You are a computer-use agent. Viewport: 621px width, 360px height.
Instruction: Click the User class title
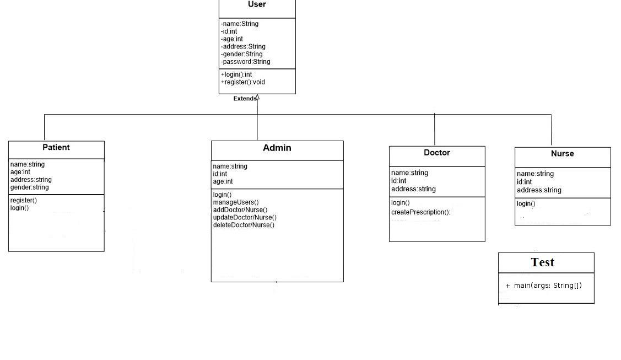click(257, 4)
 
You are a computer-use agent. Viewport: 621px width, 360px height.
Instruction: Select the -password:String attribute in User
click(246, 62)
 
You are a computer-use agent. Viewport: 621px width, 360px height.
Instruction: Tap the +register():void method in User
click(243, 82)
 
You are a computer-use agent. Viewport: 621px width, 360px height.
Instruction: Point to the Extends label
click(244, 99)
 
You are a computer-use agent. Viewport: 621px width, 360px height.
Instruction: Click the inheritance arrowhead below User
click(257, 97)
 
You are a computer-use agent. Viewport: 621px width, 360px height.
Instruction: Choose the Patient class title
click(56, 147)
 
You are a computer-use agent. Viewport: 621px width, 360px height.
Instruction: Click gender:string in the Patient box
click(30, 187)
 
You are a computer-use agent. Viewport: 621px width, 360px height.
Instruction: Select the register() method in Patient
click(23, 200)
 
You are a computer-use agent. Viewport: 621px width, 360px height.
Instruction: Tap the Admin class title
click(277, 148)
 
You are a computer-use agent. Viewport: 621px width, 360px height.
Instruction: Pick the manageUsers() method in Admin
click(236, 202)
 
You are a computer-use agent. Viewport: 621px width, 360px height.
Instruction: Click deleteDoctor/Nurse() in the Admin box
click(244, 225)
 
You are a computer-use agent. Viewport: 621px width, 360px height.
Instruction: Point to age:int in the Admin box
click(223, 181)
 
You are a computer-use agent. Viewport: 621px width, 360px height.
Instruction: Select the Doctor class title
click(437, 153)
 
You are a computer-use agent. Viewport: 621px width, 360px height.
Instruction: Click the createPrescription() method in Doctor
click(420, 212)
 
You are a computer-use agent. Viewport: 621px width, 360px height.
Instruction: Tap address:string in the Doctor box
click(413, 189)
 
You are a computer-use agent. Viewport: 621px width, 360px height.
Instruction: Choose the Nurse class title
click(562, 154)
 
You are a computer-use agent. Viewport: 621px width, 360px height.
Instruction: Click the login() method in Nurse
click(526, 203)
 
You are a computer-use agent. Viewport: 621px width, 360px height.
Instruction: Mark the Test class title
click(542, 262)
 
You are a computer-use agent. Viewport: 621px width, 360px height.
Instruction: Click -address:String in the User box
click(243, 47)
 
